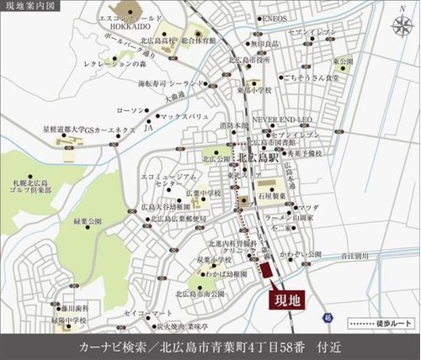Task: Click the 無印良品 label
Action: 265,44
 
